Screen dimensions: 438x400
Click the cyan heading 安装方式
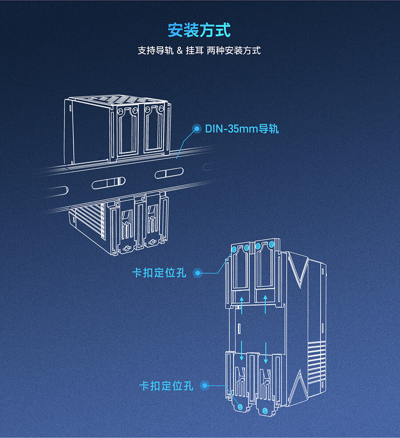[199, 31]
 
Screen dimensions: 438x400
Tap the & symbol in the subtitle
[180, 50]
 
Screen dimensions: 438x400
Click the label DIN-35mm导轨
[242, 129]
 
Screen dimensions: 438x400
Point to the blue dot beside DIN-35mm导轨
[196, 129]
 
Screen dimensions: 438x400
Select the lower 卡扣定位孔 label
[166, 386]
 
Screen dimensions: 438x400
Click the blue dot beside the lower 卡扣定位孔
[204, 386]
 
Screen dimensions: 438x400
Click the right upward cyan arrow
[265, 303]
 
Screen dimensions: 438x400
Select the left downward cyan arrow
[241, 350]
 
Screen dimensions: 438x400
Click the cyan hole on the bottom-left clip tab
[240, 406]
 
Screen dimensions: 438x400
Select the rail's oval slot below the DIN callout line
[169, 173]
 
